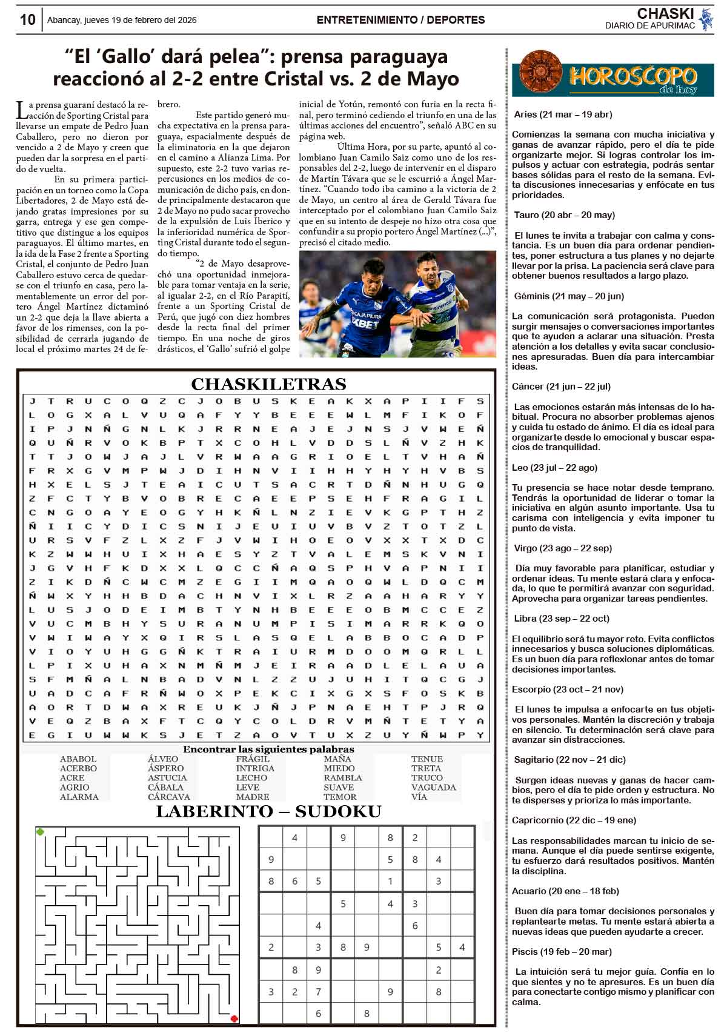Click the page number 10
(x=27, y=20)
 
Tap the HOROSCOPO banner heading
(x=632, y=76)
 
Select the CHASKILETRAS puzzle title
(x=268, y=384)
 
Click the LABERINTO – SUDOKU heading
(x=268, y=812)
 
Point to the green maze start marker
(x=41, y=832)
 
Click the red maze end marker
(x=234, y=1018)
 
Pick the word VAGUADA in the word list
(x=433, y=787)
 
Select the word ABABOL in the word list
(x=78, y=759)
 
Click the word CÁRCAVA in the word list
(x=169, y=797)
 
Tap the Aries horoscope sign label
(x=563, y=114)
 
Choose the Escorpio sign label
(x=568, y=689)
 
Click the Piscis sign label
(x=562, y=951)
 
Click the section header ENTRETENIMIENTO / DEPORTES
(x=400, y=20)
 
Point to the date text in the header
(x=122, y=20)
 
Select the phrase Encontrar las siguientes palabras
(x=268, y=749)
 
